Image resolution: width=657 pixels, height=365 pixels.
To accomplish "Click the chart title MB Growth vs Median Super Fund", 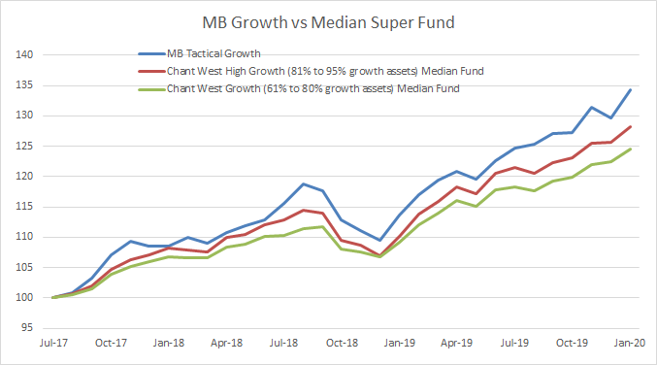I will pos(328,22).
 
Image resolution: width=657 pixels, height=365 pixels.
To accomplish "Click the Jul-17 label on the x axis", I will pos(53,344).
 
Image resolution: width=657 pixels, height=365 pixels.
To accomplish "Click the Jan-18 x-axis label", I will pos(169,344).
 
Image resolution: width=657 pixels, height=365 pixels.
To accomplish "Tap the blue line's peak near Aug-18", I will pos(304,183).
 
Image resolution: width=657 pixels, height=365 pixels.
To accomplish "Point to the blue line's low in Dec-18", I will pos(380,240).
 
